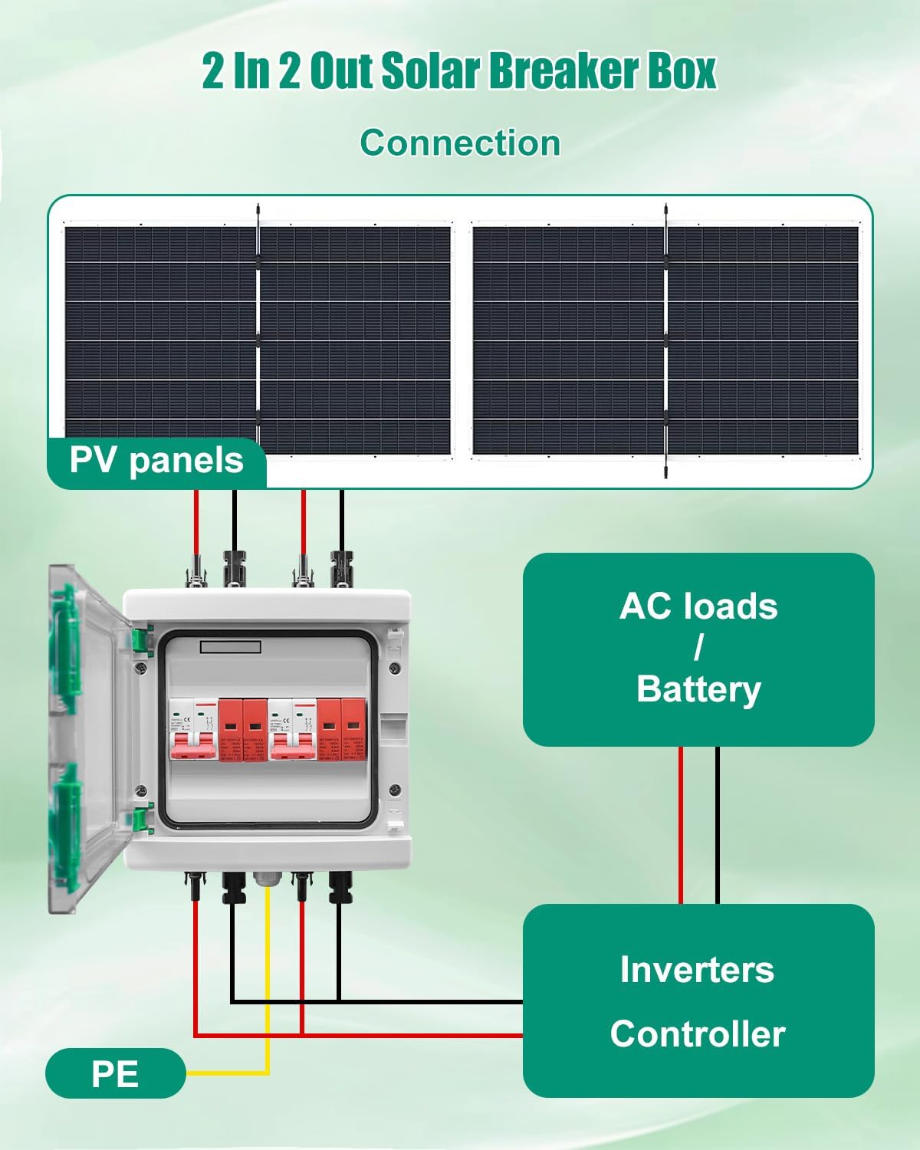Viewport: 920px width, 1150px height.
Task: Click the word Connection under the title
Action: pos(460,143)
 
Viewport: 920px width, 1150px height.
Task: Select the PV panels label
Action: pos(156,461)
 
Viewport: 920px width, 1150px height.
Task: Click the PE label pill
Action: pos(115,1073)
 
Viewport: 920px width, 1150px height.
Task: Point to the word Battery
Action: pos(698,688)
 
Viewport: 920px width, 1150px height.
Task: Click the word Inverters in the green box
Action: pos(697,969)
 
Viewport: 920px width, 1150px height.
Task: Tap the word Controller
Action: pos(697,1033)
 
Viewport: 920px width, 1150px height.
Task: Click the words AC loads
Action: pos(698,606)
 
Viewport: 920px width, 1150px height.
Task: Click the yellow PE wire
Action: pos(268,997)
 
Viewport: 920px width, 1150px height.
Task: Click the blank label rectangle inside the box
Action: pos(230,647)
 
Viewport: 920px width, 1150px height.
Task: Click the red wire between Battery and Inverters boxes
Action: pos(680,824)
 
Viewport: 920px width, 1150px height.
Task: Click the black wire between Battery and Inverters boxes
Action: pos(718,824)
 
